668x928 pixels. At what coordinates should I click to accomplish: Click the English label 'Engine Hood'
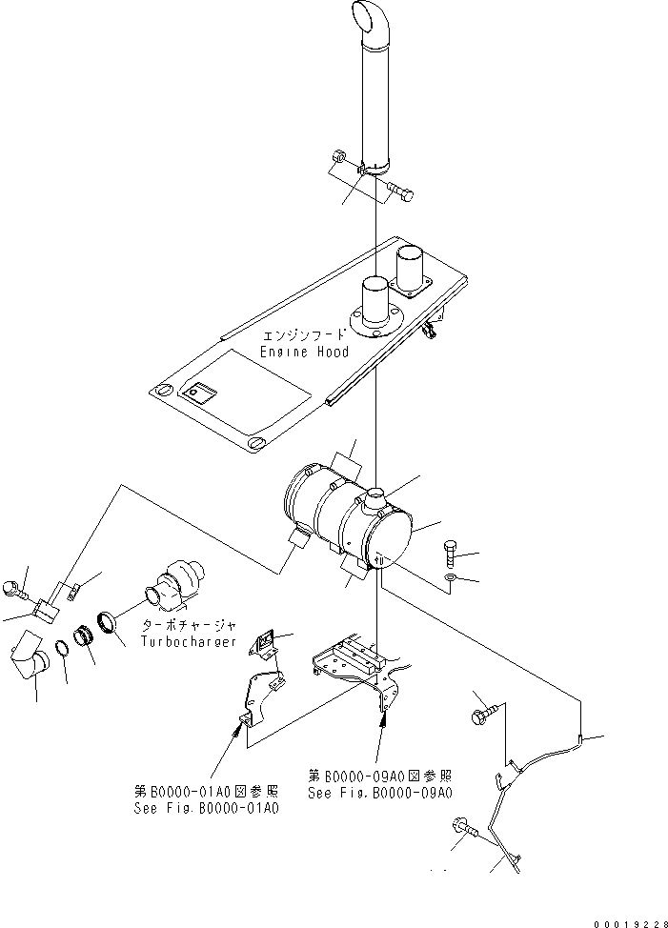tap(304, 352)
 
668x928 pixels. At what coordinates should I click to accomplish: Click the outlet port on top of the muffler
tap(373, 497)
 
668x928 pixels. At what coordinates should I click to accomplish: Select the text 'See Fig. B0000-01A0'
tap(207, 809)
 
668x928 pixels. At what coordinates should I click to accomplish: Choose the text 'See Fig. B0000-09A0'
tap(379, 793)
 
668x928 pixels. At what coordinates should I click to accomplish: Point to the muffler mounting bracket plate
tap(357, 660)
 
